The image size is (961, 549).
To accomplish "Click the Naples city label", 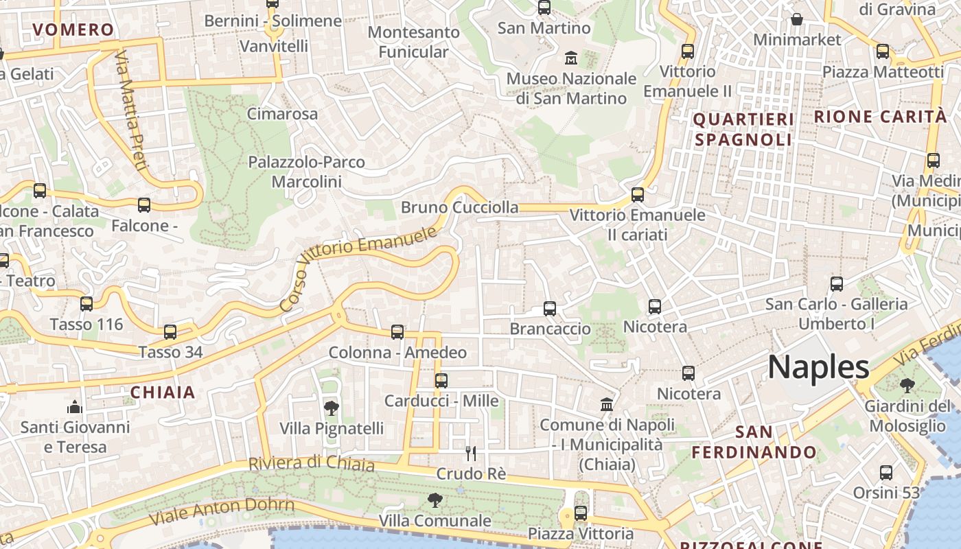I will [818, 367].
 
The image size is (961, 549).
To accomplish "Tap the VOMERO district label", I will [73, 30].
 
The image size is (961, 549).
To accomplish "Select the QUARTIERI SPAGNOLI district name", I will [743, 130].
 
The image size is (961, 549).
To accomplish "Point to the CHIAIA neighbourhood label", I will [163, 393].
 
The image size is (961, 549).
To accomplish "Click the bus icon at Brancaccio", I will [550, 309].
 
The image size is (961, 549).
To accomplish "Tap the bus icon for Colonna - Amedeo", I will [397, 332].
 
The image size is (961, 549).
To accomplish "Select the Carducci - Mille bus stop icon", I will [441, 380].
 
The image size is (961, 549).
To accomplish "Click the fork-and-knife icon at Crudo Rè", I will [471, 453].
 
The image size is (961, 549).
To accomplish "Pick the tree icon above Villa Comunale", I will [435, 500].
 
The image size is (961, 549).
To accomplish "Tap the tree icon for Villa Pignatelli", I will [331, 408].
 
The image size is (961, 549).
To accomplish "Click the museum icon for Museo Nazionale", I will [570, 58].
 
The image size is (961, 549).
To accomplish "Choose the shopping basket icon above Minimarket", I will [797, 19].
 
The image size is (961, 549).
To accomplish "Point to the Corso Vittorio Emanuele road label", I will [359, 269].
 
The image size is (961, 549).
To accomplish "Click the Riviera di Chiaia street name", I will [312, 464].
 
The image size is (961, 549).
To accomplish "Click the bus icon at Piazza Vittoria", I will [581, 513].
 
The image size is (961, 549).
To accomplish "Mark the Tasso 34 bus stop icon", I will [170, 332].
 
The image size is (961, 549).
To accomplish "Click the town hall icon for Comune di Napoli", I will [607, 404].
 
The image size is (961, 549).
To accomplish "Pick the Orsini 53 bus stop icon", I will [886, 472].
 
